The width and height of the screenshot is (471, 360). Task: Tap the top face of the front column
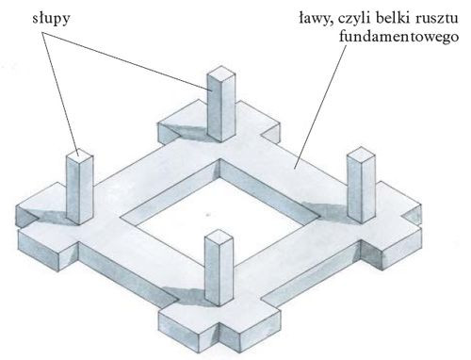point(217,240)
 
